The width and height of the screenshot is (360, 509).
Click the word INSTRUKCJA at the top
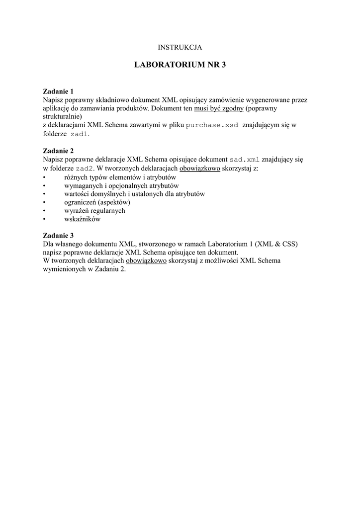point(180,47)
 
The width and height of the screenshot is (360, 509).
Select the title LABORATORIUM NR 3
point(180,65)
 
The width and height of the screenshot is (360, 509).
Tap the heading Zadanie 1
point(58,91)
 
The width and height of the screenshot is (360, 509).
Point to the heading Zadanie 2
point(58,151)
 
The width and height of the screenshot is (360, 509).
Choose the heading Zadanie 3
point(58,236)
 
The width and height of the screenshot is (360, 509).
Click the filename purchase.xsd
point(212,125)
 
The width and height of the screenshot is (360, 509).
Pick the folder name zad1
point(79,134)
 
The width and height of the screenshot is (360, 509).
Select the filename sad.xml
point(244,160)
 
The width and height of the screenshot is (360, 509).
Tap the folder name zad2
point(84,169)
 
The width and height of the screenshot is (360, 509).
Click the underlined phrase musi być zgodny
point(222,108)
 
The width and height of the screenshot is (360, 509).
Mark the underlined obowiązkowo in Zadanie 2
point(200,169)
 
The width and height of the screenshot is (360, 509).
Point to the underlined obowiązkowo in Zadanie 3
point(146,261)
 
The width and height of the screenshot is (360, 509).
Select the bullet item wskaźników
point(82,219)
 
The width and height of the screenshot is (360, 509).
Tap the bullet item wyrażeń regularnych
point(94,211)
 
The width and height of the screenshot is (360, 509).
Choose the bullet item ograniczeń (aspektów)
point(97,202)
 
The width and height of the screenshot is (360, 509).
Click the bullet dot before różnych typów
point(45,177)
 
